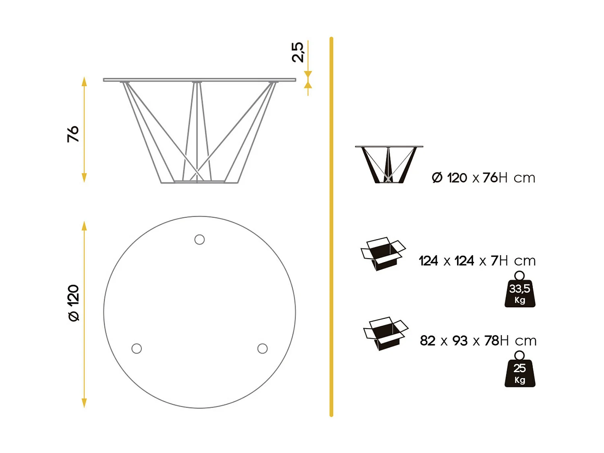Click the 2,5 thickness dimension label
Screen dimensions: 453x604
pyautogui.click(x=298, y=52)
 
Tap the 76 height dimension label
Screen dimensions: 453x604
pyautogui.click(x=73, y=134)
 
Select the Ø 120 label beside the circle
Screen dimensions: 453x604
pyautogui.click(x=74, y=303)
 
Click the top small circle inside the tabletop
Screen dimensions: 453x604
pyautogui.click(x=199, y=240)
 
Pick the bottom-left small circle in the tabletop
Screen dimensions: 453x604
pyautogui.click(x=137, y=348)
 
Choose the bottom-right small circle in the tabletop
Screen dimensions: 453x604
pyautogui.click(x=263, y=348)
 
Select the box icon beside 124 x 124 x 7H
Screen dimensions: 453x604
pyautogui.click(x=383, y=254)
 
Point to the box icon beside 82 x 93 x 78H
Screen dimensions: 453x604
pyautogui.click(x=385, y=333)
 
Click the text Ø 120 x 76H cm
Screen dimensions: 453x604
pyautogui.click(x=483, y=178)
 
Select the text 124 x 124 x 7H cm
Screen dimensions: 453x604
pyautogui.click(x=477, y=261)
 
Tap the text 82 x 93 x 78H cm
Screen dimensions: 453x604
pyautogui.click(x=478, y=341)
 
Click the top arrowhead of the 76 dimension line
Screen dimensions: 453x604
pyautogui.click(x=84, y=82)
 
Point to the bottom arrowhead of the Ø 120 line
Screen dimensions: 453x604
pyautogui.click(x=84, y=403)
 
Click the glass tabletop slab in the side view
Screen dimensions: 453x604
pyautogui.click(x=199, y=80)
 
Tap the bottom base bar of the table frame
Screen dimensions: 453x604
pyautogui.click(x=199, y=182)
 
